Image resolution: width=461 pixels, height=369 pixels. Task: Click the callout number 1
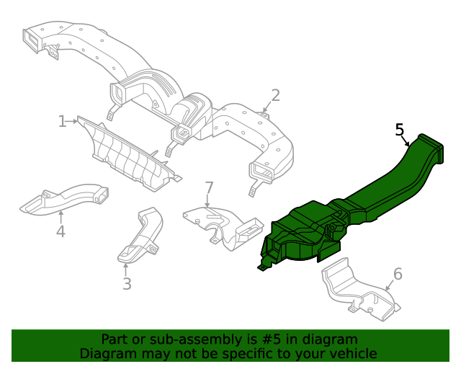click(x=62, y=121)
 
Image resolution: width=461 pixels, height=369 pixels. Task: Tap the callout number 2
click(x=275, y=95)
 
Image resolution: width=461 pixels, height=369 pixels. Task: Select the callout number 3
click(x=127, y=283)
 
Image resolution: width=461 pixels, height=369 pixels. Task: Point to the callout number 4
click(x=61, y=231)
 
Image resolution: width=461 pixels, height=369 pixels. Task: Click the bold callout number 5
click(x=400, y=130)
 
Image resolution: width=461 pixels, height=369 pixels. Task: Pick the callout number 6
click(x=397, y=274)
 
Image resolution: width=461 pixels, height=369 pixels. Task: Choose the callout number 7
click(x=209, y=188)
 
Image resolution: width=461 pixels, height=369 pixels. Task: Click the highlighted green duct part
click(x=346, y=209)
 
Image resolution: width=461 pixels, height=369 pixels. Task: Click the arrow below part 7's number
click(x=208, y=203)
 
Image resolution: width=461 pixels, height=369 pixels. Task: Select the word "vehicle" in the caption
click(x=352, y=353)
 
